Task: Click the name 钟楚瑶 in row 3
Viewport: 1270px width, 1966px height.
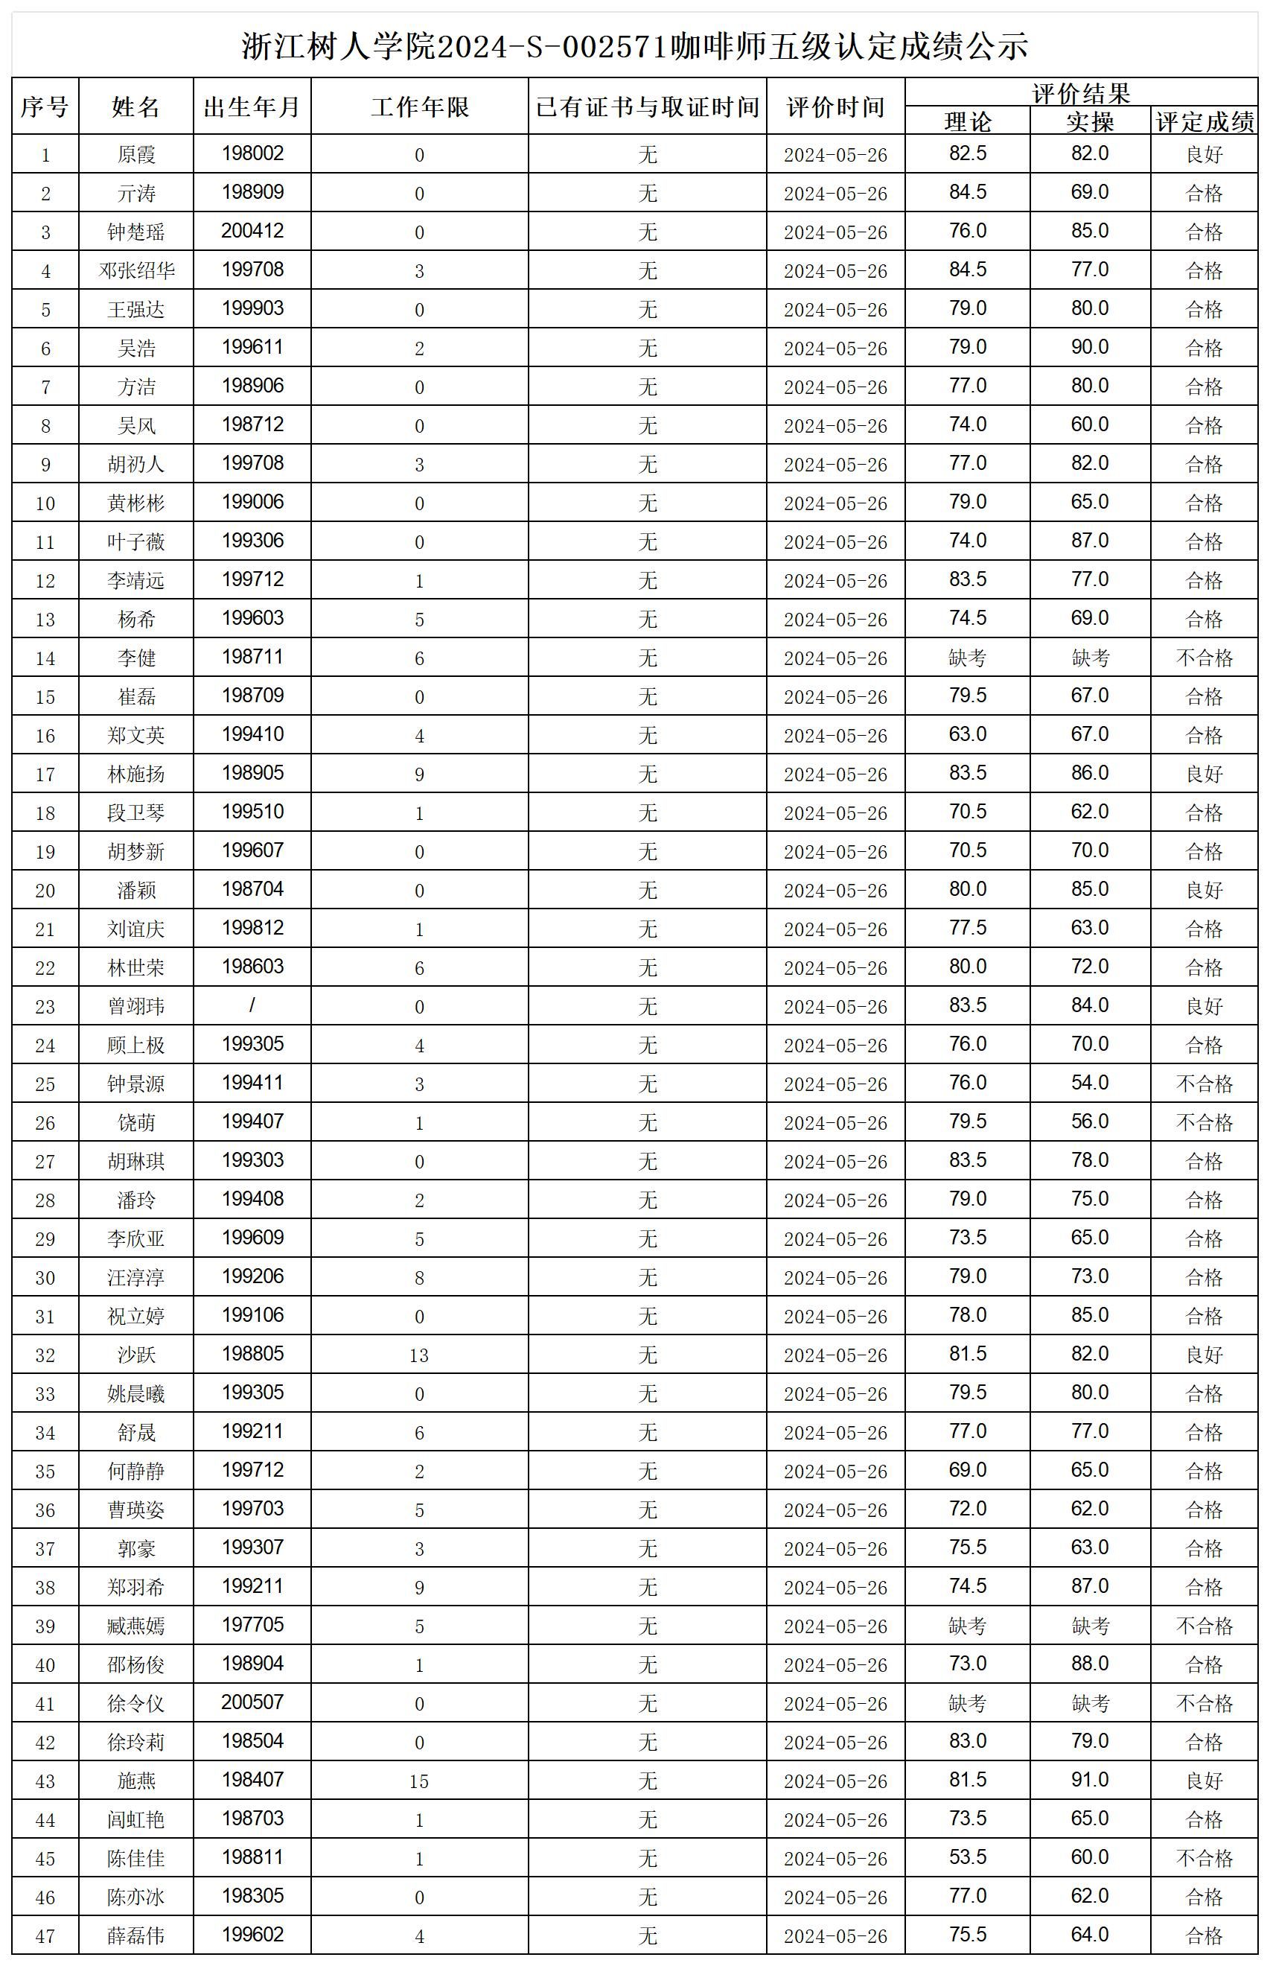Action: pyautogui.click(x=136, y=232)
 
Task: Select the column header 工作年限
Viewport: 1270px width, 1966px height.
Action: pyautogui.click(x=420, y=106)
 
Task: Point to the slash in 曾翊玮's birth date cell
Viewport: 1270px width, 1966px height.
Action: pyautogui.click(x=252, y=1005)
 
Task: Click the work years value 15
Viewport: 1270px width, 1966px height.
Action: pyautogui.click(x=419, y=1781)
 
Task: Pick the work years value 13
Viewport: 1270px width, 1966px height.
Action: pyautogui.click(x=419, y=1355)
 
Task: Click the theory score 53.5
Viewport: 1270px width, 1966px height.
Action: pyautogui.click(x=967, y=1857)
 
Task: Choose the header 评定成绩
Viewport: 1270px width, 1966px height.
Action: pyautogui.click(x=1204, y=122)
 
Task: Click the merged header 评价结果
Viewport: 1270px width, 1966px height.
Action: pyautogui.click(x=1081, y=92)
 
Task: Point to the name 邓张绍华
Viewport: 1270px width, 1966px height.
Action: pyautogui.click(x=136, y=270)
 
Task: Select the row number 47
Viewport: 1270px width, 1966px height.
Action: pyautogui.click(x=45, y=1935)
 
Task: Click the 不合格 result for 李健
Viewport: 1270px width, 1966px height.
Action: pyautogui.click(x=1204, y=658)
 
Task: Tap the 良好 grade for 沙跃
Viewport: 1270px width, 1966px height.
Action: pyautogui.click(x=1204, y=1355)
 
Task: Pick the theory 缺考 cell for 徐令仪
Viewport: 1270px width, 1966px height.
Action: pyautogui.click(x=967, y=1703)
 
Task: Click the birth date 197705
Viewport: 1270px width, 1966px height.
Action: pyautogui.click(x=252, y=1624)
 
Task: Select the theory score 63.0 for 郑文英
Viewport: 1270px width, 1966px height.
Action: pyautogui.click(x=967, y=734)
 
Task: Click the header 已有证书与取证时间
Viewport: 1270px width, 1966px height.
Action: pyautogui.click(x=648, y=106)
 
